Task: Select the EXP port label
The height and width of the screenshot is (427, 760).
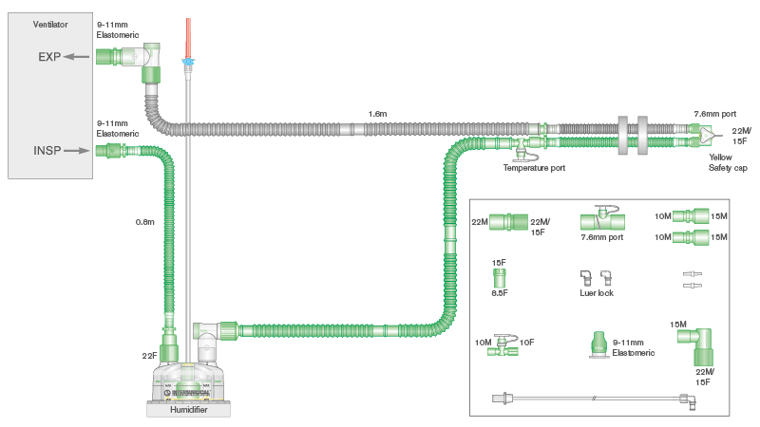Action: click(49, 57)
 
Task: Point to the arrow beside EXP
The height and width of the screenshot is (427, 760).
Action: click(78, 57)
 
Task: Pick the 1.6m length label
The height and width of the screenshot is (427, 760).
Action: click(377, 114)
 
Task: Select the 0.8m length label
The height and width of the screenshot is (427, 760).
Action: click(144, 222)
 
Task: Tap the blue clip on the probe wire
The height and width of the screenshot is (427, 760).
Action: click(188, 65)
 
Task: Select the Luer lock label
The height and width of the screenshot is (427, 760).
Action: click(597, 294)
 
